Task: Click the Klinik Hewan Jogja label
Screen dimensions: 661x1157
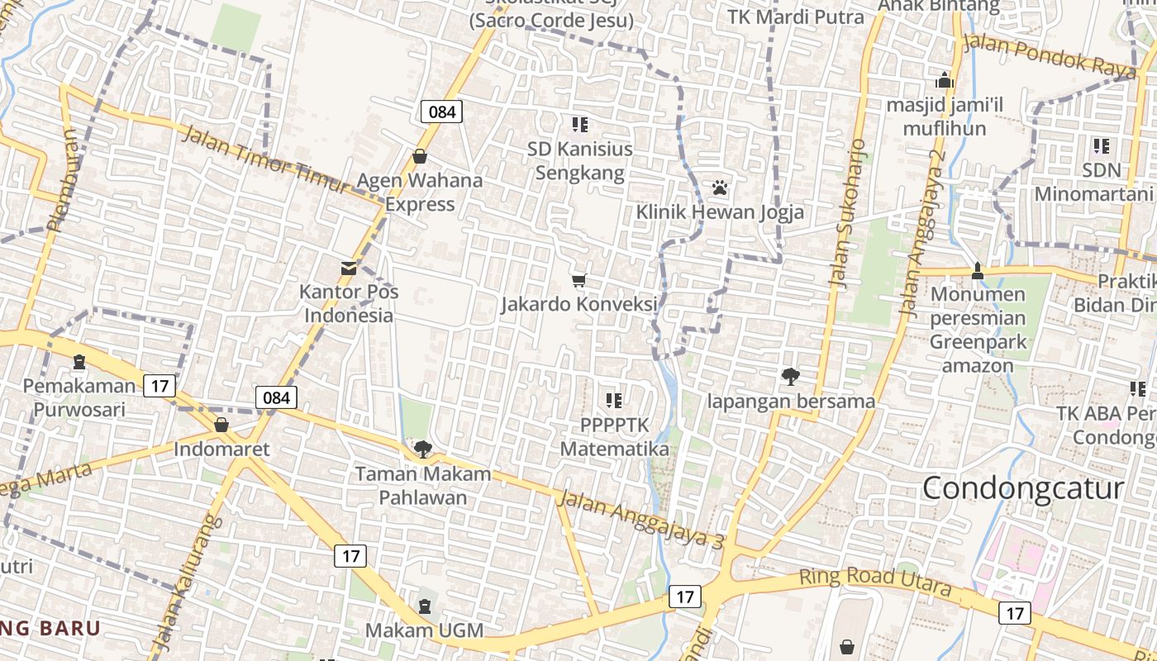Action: (719, 212)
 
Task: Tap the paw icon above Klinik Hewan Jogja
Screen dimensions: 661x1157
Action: (720, 188)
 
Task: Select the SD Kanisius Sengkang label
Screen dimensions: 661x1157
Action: (580, 160)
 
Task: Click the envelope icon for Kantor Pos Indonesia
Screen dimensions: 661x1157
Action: (349, 269)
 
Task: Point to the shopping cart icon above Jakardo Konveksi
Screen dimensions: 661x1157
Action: (578, 281)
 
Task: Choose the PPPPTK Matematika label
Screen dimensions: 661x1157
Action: (614, 436)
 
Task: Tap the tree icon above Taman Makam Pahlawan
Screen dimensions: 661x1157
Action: (423, 449)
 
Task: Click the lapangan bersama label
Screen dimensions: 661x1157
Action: (791, 402)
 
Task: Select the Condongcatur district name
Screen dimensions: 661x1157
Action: (1023, 487)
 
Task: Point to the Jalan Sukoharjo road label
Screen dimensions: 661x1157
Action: (849, 213)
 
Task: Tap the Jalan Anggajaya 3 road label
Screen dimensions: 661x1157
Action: (640, 520)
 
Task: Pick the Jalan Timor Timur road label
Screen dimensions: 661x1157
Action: (264, 160)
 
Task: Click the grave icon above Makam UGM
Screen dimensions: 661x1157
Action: (425, 606)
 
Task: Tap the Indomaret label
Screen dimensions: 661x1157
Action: (221, 449)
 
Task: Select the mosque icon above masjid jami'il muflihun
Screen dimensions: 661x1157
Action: (945, 81)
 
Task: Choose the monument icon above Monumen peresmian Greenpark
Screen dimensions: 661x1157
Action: (978, 270)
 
